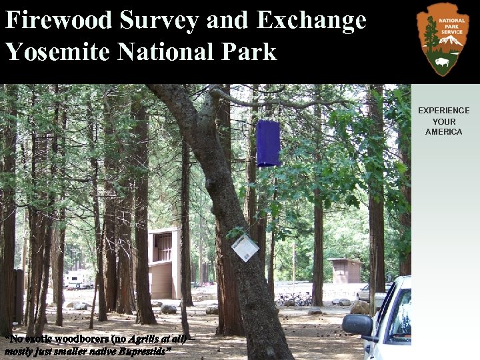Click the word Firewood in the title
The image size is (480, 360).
[x=59, y=21]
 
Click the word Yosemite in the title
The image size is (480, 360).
[x=59, y=51]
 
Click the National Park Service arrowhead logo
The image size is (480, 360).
[x=443, y=39]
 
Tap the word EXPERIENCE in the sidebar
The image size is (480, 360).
[x=443, y=111]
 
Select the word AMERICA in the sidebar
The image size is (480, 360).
[x=443, y=132]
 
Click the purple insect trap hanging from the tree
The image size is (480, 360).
[x=268, y=143]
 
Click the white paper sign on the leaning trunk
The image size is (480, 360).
[x=245, y=248]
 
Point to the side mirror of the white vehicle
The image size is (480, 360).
[x=357, y=325]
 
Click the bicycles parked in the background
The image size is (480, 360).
[x=293, y=300]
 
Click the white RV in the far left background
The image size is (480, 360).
[x=79, y=280]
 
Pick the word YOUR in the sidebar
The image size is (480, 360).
[x=443, y=121]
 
